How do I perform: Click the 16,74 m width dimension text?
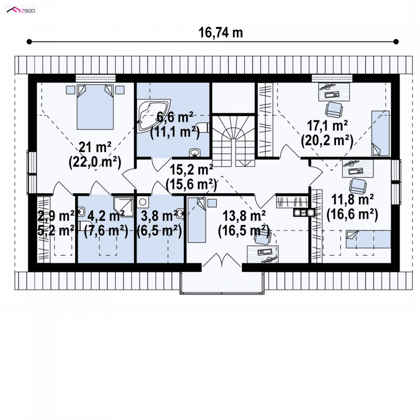click(x=220, y=33)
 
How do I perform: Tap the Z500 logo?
click(x=21, y=10)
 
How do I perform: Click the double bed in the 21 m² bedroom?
click(x=95, y=107)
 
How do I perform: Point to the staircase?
click(x=233, y=141)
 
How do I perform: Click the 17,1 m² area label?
click(x=327, y=125)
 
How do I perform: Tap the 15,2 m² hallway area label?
click(x=191, y=169)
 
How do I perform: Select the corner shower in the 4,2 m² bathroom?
click(x=123, y=206)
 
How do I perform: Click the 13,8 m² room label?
click(x=244, y=216)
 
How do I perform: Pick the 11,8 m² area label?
click(x=352, y=199)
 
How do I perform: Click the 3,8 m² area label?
click(x=159, y=216)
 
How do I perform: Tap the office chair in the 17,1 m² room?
click(x=334, y=110)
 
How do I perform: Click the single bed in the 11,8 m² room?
click(x=368, y=239)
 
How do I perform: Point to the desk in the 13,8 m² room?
click(x=262, y=254)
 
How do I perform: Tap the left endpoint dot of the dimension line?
click(x=29, y=41)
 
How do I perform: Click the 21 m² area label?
click(x=95, y=147)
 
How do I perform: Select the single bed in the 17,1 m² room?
click(x=380, y=133)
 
